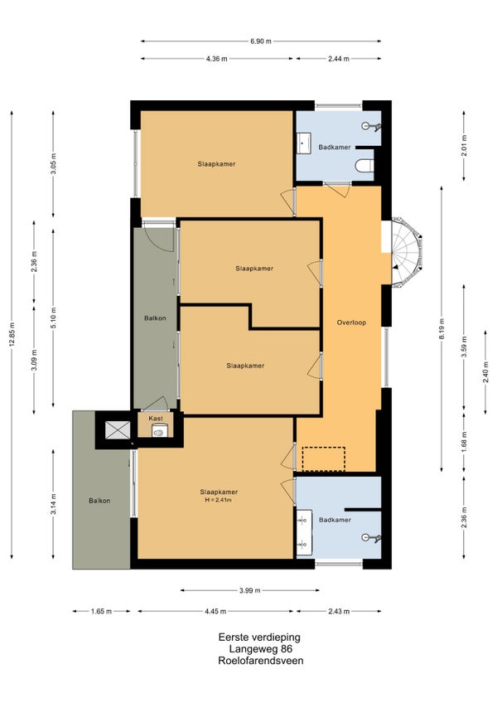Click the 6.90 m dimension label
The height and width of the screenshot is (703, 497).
coord(261,41)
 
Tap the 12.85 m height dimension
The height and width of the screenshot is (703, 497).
coord(12,334)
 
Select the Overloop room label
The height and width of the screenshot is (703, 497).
coord(351,322)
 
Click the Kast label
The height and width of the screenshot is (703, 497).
coord(156,419)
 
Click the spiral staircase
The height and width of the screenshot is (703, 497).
coord(407,252)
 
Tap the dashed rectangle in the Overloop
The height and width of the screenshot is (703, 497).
coord(324,458)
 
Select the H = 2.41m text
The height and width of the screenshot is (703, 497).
coord(219,500)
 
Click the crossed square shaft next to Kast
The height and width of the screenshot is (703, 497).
coord(117,430)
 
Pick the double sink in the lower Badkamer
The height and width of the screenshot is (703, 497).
coord(304,531)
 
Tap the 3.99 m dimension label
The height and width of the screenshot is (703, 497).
coord(249,590)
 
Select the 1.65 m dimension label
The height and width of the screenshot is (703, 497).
coord(101,611)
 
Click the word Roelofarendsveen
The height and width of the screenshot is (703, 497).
coord(261,661)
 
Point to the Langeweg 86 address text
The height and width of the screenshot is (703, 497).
coord(261,649)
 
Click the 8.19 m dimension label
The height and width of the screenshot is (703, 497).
coord(442,328)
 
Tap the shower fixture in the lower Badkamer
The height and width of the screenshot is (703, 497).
coord(372,537)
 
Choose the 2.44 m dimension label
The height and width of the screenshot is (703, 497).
coord(339,59)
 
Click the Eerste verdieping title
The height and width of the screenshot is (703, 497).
coord(259,637)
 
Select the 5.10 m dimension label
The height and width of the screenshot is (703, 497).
coord(53,318)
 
